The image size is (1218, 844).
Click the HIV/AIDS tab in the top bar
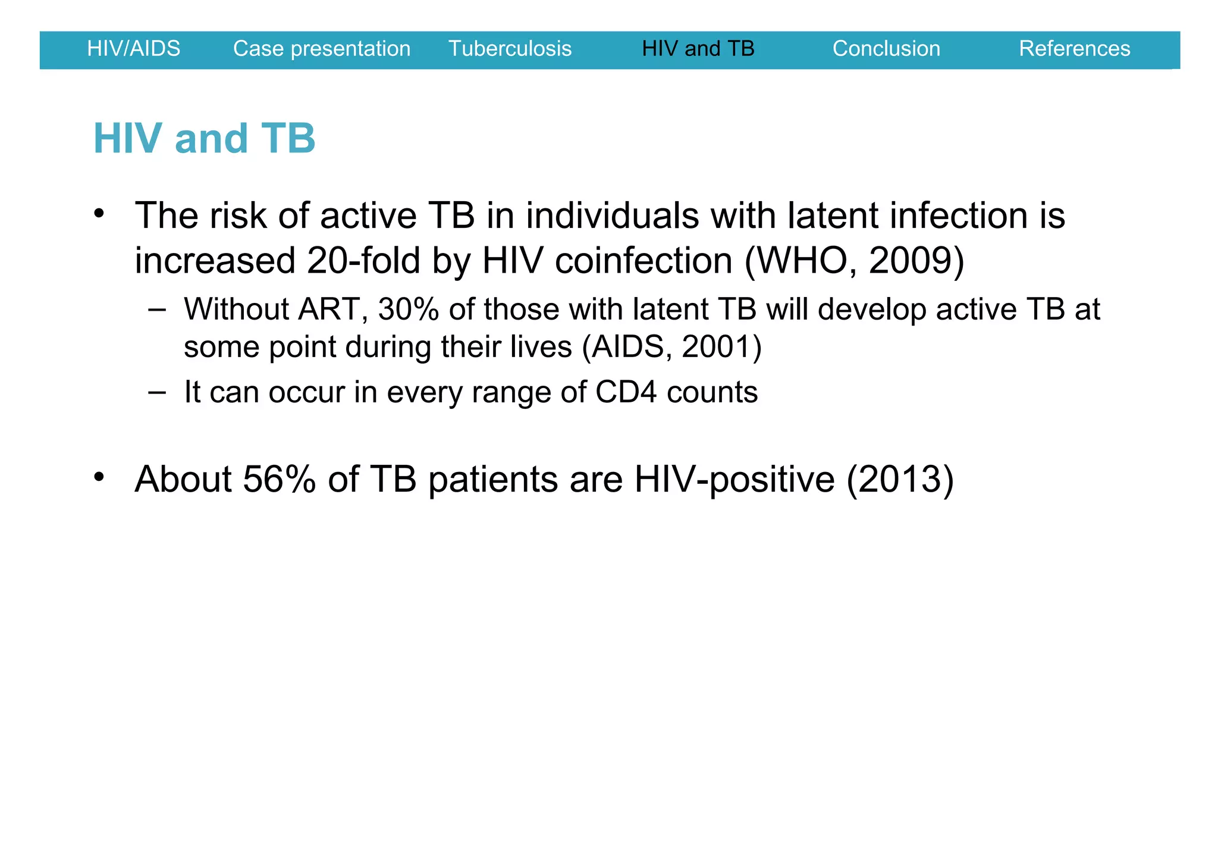pos(133,49)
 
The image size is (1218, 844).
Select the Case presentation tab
pos(322,49)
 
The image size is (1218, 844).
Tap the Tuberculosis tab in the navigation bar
pos(510,49)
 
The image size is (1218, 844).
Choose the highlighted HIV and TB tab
pos(698,49)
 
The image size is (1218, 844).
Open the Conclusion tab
pos(886,49)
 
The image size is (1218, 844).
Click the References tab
pos(1074,49)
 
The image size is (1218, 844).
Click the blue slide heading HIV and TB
pos(204,139)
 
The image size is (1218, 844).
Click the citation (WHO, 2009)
pos(854,261)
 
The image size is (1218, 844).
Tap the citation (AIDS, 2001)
pos(671,347)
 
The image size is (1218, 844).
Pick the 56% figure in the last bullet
pos(279,479)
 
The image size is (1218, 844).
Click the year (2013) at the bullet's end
pos(899,479)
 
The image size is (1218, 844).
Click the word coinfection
pos(643,261)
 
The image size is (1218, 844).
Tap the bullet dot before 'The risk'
pos(99,213)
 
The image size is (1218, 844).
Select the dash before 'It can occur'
pos(157,392)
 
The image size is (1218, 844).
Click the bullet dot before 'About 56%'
pos(99,477)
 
